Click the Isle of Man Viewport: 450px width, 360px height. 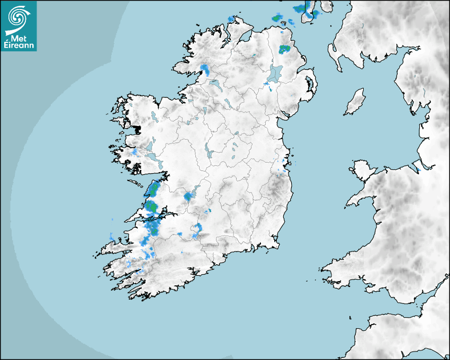[355, 102]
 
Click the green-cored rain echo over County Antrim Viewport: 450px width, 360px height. [285, 49]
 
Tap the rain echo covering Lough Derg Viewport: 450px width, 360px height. [188, 197]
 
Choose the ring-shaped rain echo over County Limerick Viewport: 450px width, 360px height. [197, 230]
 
